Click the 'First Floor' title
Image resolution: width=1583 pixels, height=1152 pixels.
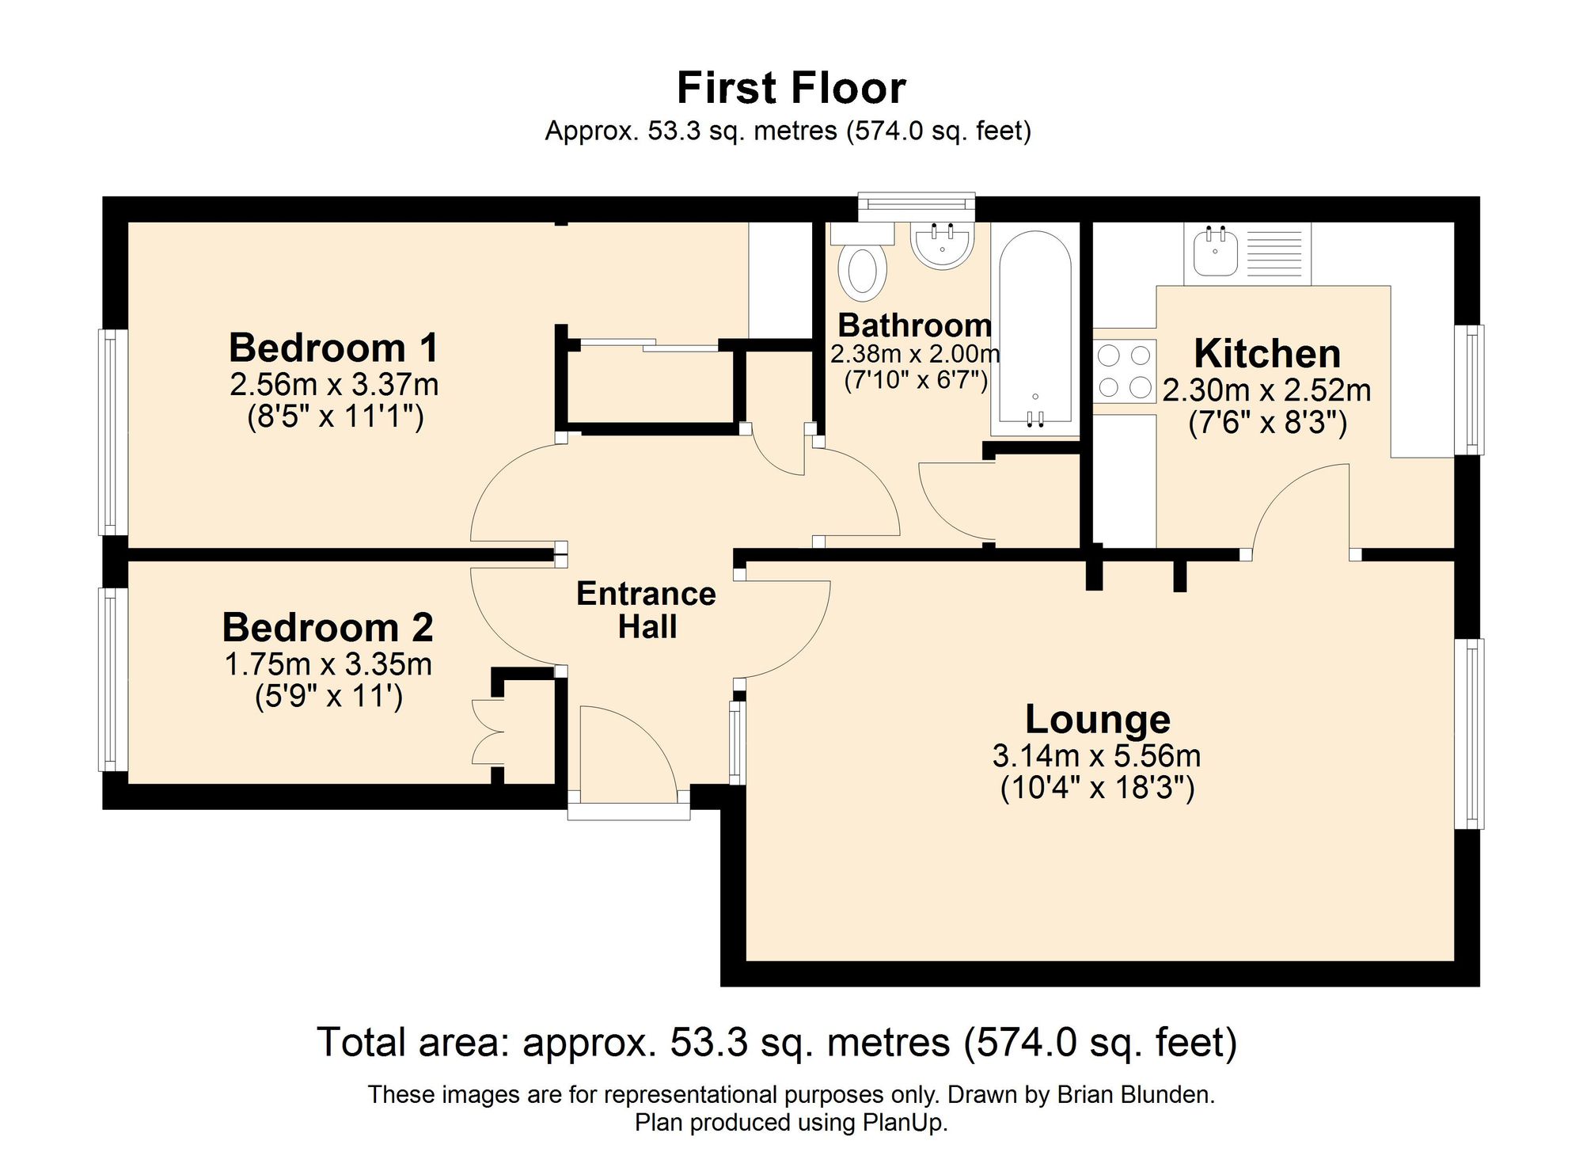point(791,88)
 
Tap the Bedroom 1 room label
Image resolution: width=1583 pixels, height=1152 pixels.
point(333,348)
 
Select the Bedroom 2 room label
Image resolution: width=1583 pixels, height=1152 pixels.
point(328,627)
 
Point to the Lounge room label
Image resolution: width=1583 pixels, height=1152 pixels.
point(1097,719)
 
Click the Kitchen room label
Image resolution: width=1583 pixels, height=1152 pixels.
point(1267,353)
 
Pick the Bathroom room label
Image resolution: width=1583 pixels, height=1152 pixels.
point(914,325)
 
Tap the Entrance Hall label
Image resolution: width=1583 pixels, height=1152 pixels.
point(646,610)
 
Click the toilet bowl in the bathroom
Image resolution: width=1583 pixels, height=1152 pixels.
point(864,271)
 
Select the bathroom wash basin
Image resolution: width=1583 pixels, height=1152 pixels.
point(941,245)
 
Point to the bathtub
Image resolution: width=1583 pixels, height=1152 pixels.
point(1035,329)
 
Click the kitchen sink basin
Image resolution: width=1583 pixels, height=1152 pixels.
point(1215,251)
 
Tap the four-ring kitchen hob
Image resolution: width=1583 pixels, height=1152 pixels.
point(1125,371)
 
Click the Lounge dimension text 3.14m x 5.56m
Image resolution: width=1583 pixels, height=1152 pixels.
point(1097,756)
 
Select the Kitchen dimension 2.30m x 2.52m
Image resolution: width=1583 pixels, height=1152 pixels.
point(1267,390)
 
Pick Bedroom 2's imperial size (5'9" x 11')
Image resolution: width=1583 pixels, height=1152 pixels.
point(328,697)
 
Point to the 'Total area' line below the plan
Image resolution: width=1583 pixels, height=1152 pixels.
point(777,1042)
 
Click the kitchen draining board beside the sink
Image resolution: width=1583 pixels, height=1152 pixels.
point(1274,253)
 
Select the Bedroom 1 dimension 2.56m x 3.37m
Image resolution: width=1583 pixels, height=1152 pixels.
point(334,385)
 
